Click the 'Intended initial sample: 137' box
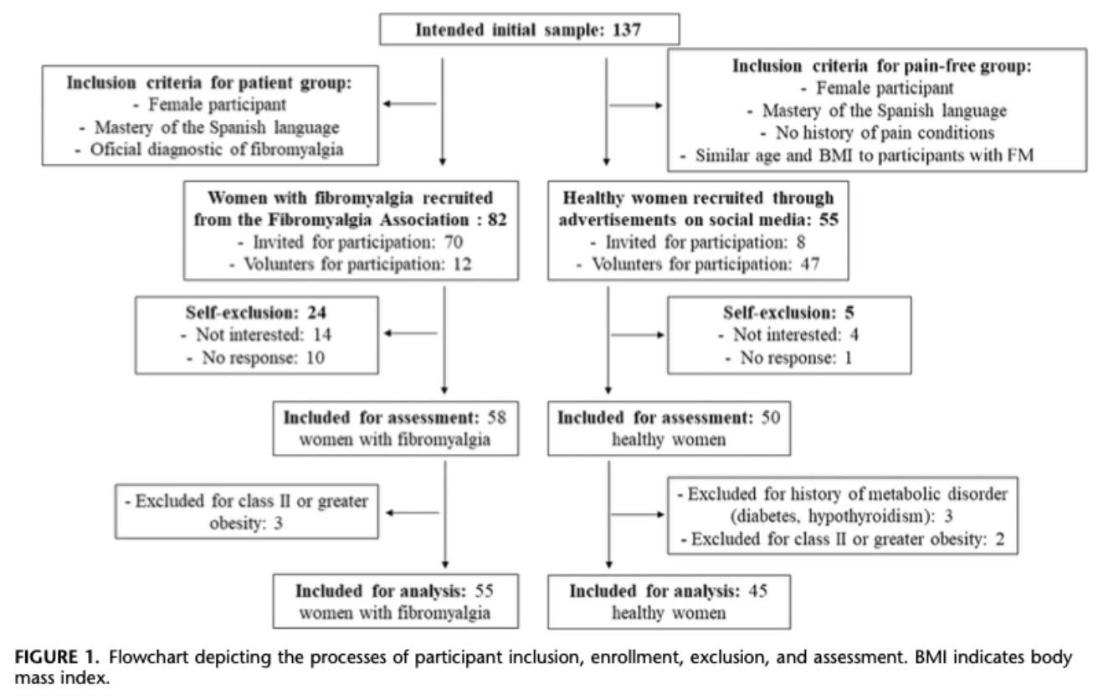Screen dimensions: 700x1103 click(x=529, y=30)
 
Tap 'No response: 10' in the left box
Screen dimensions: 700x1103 click(x=250, y=358)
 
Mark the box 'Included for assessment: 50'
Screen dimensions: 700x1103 click(x=669, y=428)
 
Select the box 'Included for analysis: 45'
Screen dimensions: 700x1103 click(x=669, y=601)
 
